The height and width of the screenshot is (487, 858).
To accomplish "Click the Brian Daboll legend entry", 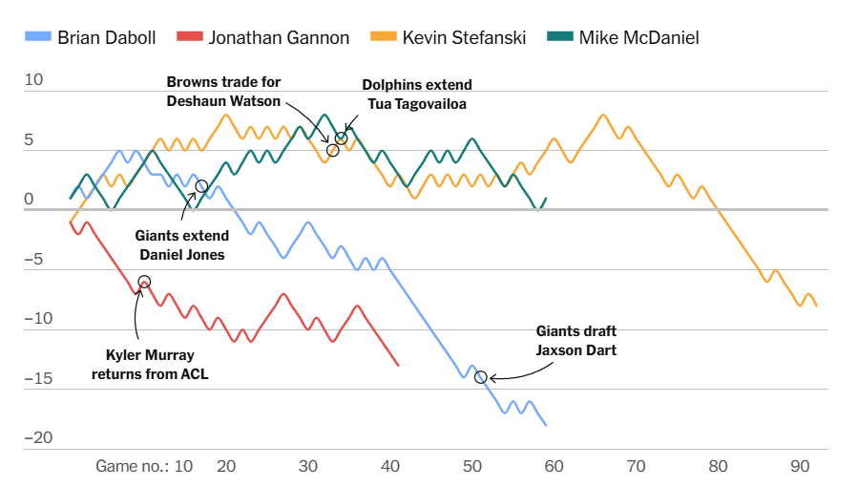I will click(x=93, y=38).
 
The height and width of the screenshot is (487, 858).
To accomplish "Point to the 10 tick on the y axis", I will click(x=34, y=80).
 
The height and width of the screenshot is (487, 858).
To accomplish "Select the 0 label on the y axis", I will click(x=29, y=200).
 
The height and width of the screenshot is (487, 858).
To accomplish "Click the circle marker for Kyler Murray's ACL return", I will click(x=144, y=282).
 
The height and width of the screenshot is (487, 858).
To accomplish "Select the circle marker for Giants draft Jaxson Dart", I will click(x=480, y=377).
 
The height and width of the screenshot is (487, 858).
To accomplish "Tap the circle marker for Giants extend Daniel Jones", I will click(x=201, y=186).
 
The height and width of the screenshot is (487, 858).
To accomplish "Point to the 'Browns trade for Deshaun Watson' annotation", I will click(x=223, y=92).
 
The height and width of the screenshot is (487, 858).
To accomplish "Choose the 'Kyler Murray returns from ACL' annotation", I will click(x=150, y=364).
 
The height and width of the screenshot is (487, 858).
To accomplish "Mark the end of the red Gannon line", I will click(x=398, y=366).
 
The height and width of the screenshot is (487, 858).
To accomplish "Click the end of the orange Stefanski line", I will click(x=816, y=306).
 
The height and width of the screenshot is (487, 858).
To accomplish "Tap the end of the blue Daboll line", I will click(x=546, y=425).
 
